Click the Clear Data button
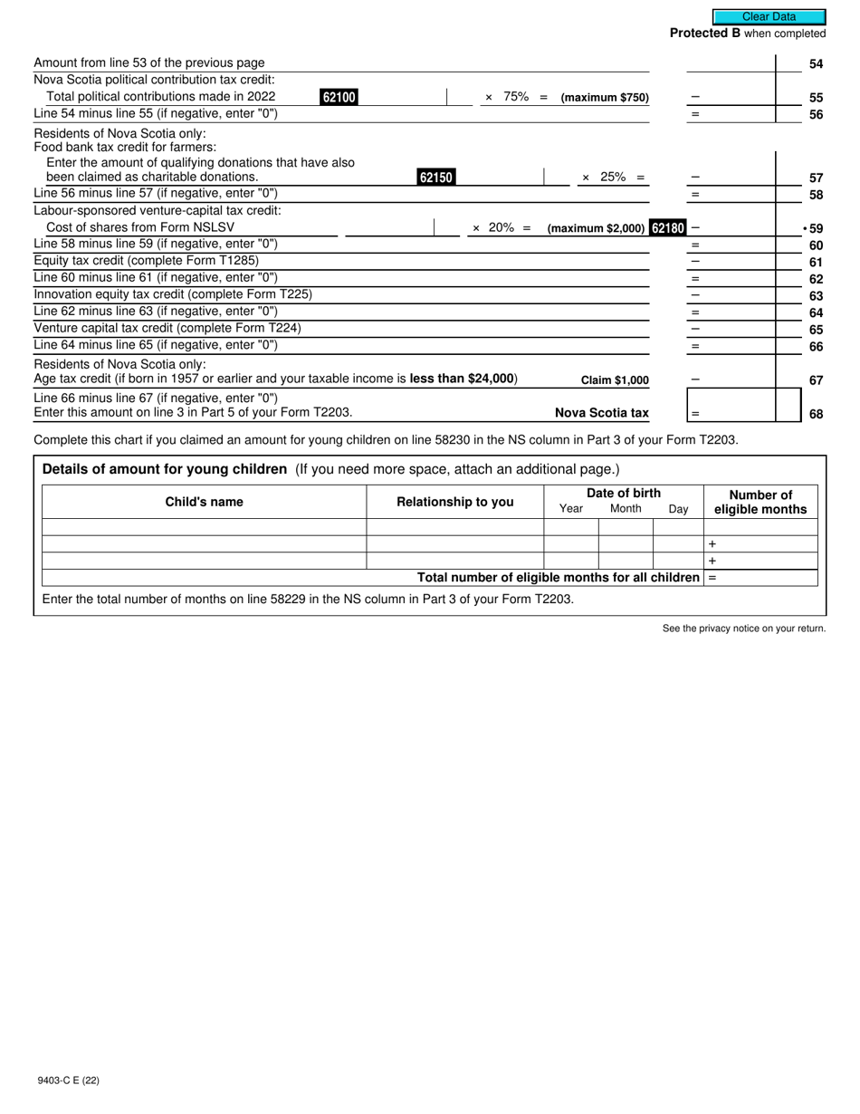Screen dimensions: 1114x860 click(x=769, y=16)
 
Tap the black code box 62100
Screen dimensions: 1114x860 click(x=339, y=97)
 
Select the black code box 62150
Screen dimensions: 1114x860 click(x=435, y=178)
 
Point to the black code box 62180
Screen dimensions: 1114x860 click(x=668, y=228)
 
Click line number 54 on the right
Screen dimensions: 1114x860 click(x=816, y=64)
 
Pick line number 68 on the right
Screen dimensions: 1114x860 click(x=816, y=414)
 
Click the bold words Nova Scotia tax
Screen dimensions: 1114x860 click(x=601, y=413)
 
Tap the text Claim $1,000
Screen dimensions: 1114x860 click(x=615, y=380)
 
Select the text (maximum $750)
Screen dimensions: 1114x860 click(x=605, y=98)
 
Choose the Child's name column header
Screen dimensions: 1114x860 click(x=204, y=502)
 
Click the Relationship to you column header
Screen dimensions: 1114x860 click(x=454, y=502)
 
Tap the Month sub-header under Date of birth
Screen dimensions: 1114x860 click(x=626, y=509)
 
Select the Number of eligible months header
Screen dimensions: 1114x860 click(x=760, y=502)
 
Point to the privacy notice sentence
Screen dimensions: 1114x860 click(x=743, y=629)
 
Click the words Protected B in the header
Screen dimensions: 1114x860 click(x=704, y=34)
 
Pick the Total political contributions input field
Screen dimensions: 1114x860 click(x=402, y=97)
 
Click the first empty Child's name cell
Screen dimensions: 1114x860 click(x=204, y=527)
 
